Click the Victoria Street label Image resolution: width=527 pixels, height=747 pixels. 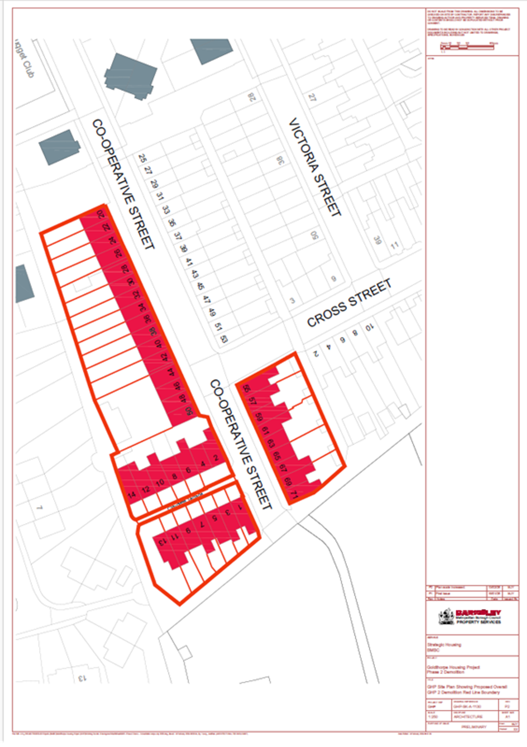tap(315, 167)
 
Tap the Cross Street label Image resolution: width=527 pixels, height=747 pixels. tap(349, 303)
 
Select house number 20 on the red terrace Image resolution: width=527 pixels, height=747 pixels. tap(101, 214)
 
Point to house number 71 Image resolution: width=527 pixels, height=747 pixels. tap(294, 495)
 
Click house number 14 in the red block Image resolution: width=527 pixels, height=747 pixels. tap(132, 494)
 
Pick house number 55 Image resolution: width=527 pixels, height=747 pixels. tap(247, 389)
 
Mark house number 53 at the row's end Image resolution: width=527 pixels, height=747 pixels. tap(224, 338)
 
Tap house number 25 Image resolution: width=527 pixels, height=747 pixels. tap(142, 158)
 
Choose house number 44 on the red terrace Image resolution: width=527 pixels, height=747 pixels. tap(170, 372)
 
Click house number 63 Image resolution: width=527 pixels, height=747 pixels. tap(271, 443)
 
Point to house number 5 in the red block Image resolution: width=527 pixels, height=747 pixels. tap(214, 518)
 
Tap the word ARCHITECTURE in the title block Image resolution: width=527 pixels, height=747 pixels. tap(468, 716)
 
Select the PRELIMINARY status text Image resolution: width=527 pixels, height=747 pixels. tap(473, 726)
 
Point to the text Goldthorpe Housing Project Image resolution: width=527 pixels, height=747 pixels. tap(453, 667)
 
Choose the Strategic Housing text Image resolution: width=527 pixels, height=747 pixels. tap(444, 644)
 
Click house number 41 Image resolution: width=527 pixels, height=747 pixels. tap(189, 261)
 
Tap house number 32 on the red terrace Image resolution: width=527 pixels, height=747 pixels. tap(136, 294)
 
